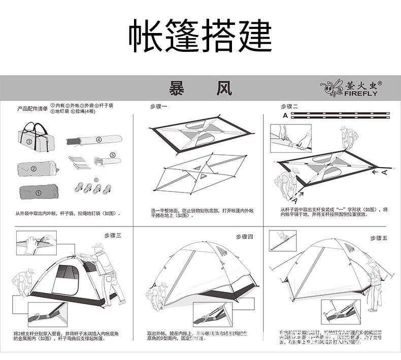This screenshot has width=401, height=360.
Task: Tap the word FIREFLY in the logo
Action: pos(361,93)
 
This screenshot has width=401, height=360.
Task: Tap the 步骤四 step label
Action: pos(244,237)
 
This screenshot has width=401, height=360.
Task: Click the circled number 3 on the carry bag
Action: pos(29,142)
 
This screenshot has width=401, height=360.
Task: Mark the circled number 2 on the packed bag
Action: pos(34,169)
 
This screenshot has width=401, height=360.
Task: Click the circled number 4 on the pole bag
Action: pos(99,139)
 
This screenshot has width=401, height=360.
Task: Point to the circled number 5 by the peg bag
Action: pos(112,154)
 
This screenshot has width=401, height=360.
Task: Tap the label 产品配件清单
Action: pos(32,109)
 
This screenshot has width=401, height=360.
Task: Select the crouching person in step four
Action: pos(158,294)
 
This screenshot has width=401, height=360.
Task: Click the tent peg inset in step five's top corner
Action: pos(282,241)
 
